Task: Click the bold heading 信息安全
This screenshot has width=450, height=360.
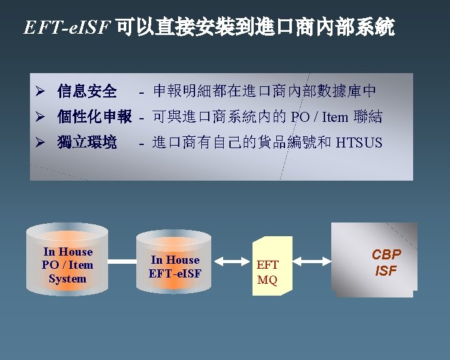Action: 87,92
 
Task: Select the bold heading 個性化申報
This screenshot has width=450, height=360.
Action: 94,117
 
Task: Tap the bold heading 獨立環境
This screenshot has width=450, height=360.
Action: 87,142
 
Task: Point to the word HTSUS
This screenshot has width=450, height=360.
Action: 359,143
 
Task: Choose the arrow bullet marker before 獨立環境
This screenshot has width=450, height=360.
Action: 38,143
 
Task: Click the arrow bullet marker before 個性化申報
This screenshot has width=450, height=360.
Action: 38,117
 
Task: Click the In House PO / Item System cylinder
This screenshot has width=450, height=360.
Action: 67,262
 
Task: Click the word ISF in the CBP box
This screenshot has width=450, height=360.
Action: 386,271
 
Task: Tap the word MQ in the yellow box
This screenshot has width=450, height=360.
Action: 267,279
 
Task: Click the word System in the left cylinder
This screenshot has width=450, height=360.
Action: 67,279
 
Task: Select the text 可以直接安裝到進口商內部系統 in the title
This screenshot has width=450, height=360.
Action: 255,27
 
